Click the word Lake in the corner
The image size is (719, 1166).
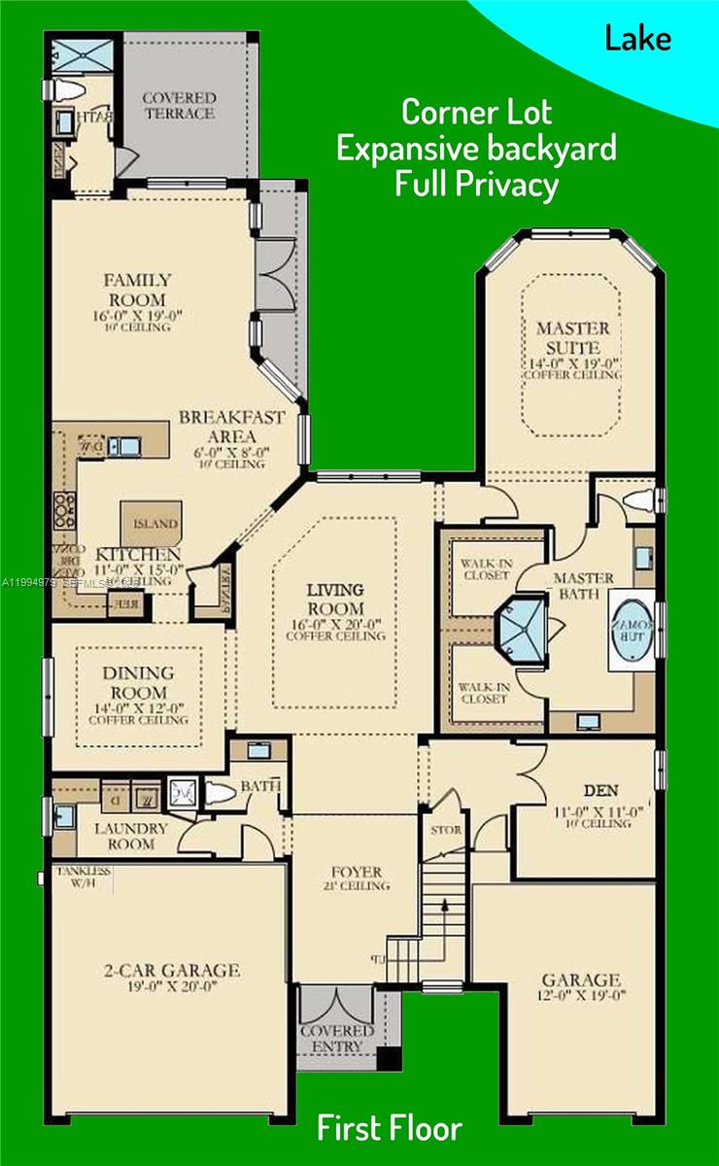pyautogui.click(x=637, y=39)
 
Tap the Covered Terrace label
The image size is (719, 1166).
pyautogui.click(x=178, y=105)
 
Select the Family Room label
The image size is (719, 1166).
pyautogui.click(x=138, y=290)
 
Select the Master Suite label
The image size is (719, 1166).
pyautogui.click(x=573, y=337)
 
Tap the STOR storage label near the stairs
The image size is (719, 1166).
pyautogui.click(x=446, y=831)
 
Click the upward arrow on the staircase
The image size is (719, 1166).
pyautogui.click(x=445, y=906)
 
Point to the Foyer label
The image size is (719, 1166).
pyautogui.click(x=356, y=872)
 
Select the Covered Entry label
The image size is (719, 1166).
pyautogui.click(x=336, y=1038)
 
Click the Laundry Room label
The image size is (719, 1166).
pyautogui.click(x=131, y=837)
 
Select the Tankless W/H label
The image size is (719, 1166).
pyautogui.click(x=83, y=877)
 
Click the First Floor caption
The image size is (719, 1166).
pyautogui.click(x=389, y=1127)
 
